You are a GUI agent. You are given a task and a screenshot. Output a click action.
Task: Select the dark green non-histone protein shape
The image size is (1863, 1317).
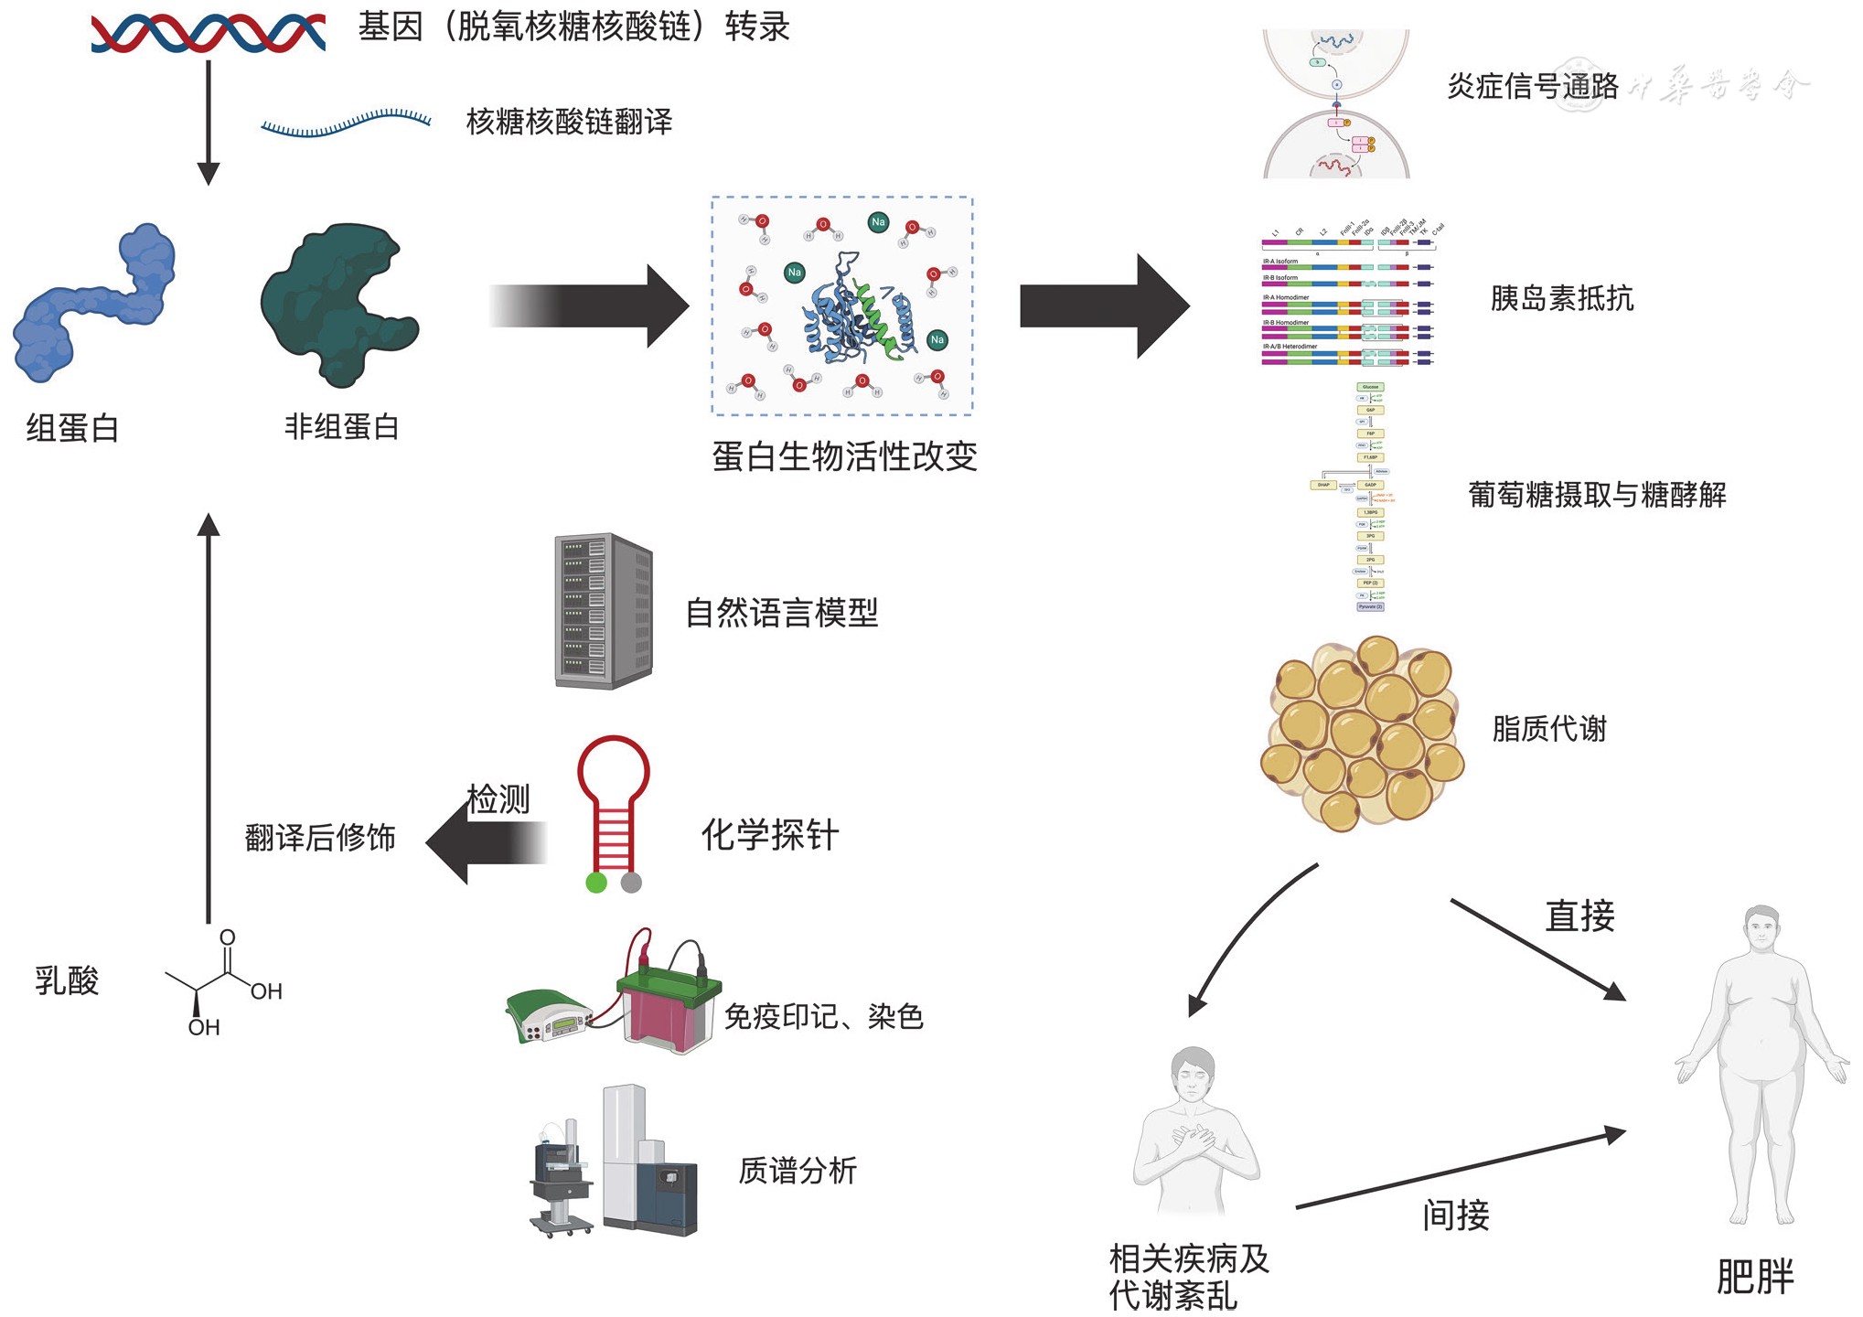tap(338, 302)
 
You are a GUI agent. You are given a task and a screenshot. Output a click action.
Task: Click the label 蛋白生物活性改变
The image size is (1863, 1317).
tap(844, 456)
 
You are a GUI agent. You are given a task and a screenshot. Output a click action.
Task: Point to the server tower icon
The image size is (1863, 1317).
tap(604, 611)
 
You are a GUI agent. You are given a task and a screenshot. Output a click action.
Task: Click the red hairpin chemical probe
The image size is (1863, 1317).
tap(614, 805)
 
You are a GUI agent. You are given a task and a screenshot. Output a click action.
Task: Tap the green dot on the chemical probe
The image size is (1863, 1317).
tap(596, 883)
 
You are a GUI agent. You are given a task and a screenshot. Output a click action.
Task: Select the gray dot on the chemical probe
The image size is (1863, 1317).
tap(631, 883)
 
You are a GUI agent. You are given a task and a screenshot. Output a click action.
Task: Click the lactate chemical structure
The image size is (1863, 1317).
tap(224, 983)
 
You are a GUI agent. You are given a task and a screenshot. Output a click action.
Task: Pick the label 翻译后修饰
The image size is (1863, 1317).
tap(320, 838)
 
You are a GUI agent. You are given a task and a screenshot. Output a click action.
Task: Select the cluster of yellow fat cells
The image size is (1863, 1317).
tap(1363, 732)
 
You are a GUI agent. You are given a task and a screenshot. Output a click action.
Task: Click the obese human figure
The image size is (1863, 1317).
tap(1761, 1061)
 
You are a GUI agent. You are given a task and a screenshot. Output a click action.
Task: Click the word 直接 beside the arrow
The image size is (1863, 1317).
tap(1579, 915)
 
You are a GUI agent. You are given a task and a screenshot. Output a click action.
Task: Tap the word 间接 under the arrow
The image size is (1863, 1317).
tap(1456, 1215)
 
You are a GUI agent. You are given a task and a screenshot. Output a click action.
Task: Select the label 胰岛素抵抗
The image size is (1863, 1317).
tap(1561, 298)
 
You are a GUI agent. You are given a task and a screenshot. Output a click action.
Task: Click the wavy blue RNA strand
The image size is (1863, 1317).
tap(346, 123)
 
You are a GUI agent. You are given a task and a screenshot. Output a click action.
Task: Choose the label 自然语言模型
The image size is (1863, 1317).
tap(782, 613)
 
